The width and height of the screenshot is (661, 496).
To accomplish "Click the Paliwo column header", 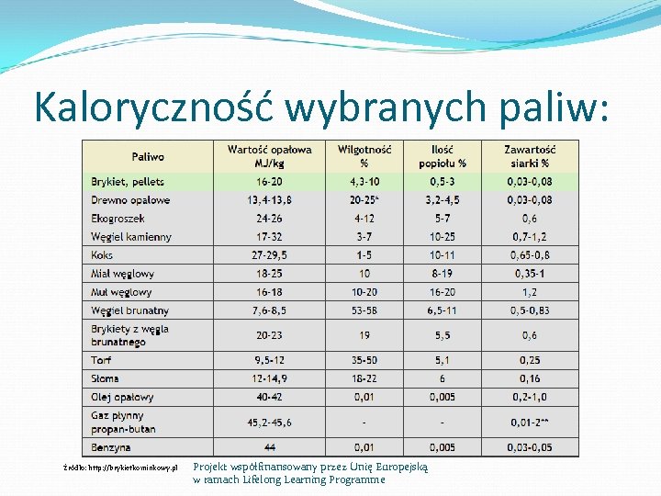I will [148, 157].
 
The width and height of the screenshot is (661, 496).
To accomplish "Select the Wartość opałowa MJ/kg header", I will [269, 156].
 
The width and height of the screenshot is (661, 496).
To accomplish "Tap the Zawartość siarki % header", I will [530, 156].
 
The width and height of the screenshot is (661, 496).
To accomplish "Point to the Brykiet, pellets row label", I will [128, 182].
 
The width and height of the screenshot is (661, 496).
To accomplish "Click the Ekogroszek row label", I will [118, 219].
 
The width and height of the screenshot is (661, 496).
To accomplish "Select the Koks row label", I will [102, 254].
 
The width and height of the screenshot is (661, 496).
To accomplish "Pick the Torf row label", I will [101, 360].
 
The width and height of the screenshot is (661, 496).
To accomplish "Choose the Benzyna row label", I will [110, 447].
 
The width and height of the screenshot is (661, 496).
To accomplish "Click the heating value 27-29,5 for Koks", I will [269, 254].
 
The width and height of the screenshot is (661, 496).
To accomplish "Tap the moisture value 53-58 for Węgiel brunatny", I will [364, 310].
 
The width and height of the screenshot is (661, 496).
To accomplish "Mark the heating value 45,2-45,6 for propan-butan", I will [269, 423].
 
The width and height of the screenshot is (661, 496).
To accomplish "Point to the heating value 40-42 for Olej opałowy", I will [269, 397].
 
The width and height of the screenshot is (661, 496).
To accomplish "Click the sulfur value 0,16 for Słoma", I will [530, 378].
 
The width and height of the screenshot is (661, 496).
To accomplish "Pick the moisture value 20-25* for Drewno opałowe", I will [364, 199].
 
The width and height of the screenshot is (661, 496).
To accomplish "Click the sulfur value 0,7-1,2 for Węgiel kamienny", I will [530, 237].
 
